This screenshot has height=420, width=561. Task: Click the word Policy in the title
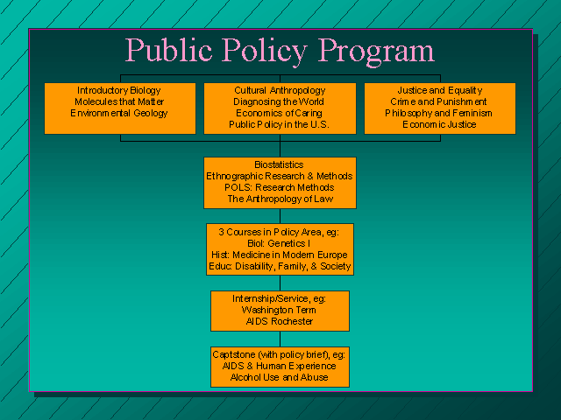[265, 52]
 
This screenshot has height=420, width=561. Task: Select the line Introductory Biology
[119, 91]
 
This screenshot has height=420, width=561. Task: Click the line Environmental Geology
[119, 114]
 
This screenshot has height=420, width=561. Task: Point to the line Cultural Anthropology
[280, 90]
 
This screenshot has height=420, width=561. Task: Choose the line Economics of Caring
[279, 113]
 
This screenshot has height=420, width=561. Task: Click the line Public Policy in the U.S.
[279, 124]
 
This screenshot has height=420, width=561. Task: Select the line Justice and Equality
[440, 91]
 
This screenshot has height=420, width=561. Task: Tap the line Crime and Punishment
[438, 101]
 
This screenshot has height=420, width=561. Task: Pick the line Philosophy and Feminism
[438, 114]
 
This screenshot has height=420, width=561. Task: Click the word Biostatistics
[279, 164]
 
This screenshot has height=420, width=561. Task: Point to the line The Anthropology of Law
[280, 199]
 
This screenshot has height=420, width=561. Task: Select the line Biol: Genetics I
[279, 243]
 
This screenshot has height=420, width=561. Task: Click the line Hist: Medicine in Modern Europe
[280, 255]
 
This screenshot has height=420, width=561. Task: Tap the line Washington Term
[279, 310]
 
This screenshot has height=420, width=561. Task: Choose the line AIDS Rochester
[280, 321]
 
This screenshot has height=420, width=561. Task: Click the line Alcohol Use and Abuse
[279, 377]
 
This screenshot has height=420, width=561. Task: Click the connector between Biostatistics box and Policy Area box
[280, 216]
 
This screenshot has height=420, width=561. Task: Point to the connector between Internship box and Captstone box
[280, 339]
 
